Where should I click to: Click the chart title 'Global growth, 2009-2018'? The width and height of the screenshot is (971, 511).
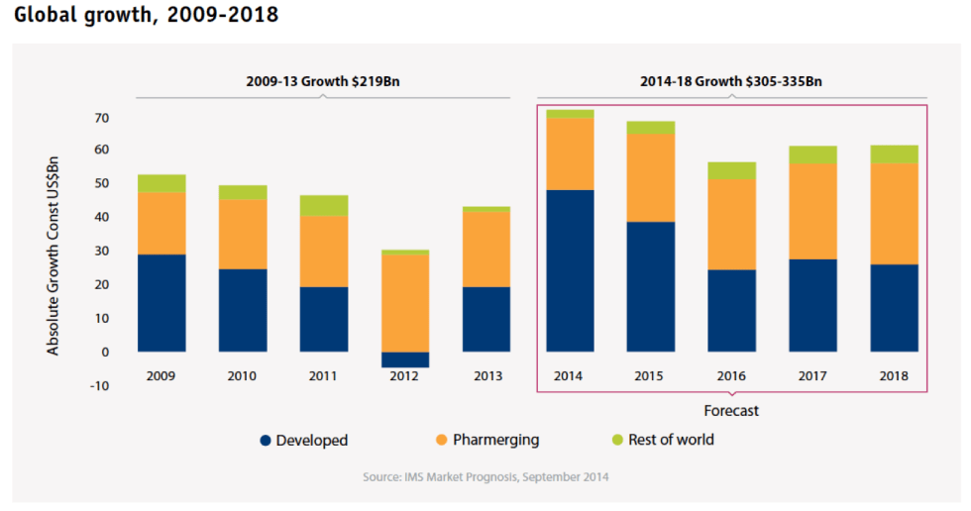[x=147, y=15]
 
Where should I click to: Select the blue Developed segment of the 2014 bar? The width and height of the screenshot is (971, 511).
[x=570, y=270]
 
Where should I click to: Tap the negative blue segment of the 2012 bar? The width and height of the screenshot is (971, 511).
[x=405, y=359]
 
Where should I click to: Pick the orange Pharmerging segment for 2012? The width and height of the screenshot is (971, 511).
[x=405, y=303]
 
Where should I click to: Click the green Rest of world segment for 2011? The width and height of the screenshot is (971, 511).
[x=324, y=205]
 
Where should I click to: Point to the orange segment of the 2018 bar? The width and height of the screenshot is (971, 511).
[x=894, y=214]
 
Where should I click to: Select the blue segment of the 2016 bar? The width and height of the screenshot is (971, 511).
[x=732, y=310]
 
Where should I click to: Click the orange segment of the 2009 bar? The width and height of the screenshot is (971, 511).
[x=162, y=223]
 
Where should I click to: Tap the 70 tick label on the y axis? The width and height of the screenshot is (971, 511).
[x=101, y=118]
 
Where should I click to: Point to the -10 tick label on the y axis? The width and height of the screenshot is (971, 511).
[x=99, y=385]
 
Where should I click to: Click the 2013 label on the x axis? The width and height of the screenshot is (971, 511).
[x=486, y=376]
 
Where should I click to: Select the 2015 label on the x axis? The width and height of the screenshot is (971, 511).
[x=651, y=376]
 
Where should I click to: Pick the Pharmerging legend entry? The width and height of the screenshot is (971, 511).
[x=486, y=440]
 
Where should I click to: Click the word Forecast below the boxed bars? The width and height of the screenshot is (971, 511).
[x=731, y=410]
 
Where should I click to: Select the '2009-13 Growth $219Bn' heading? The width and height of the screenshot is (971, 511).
[x=323, y=82]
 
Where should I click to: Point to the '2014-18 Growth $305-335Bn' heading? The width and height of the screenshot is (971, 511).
[x=731, y=82]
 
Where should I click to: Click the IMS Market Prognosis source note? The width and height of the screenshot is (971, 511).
[x=485, y=477]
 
